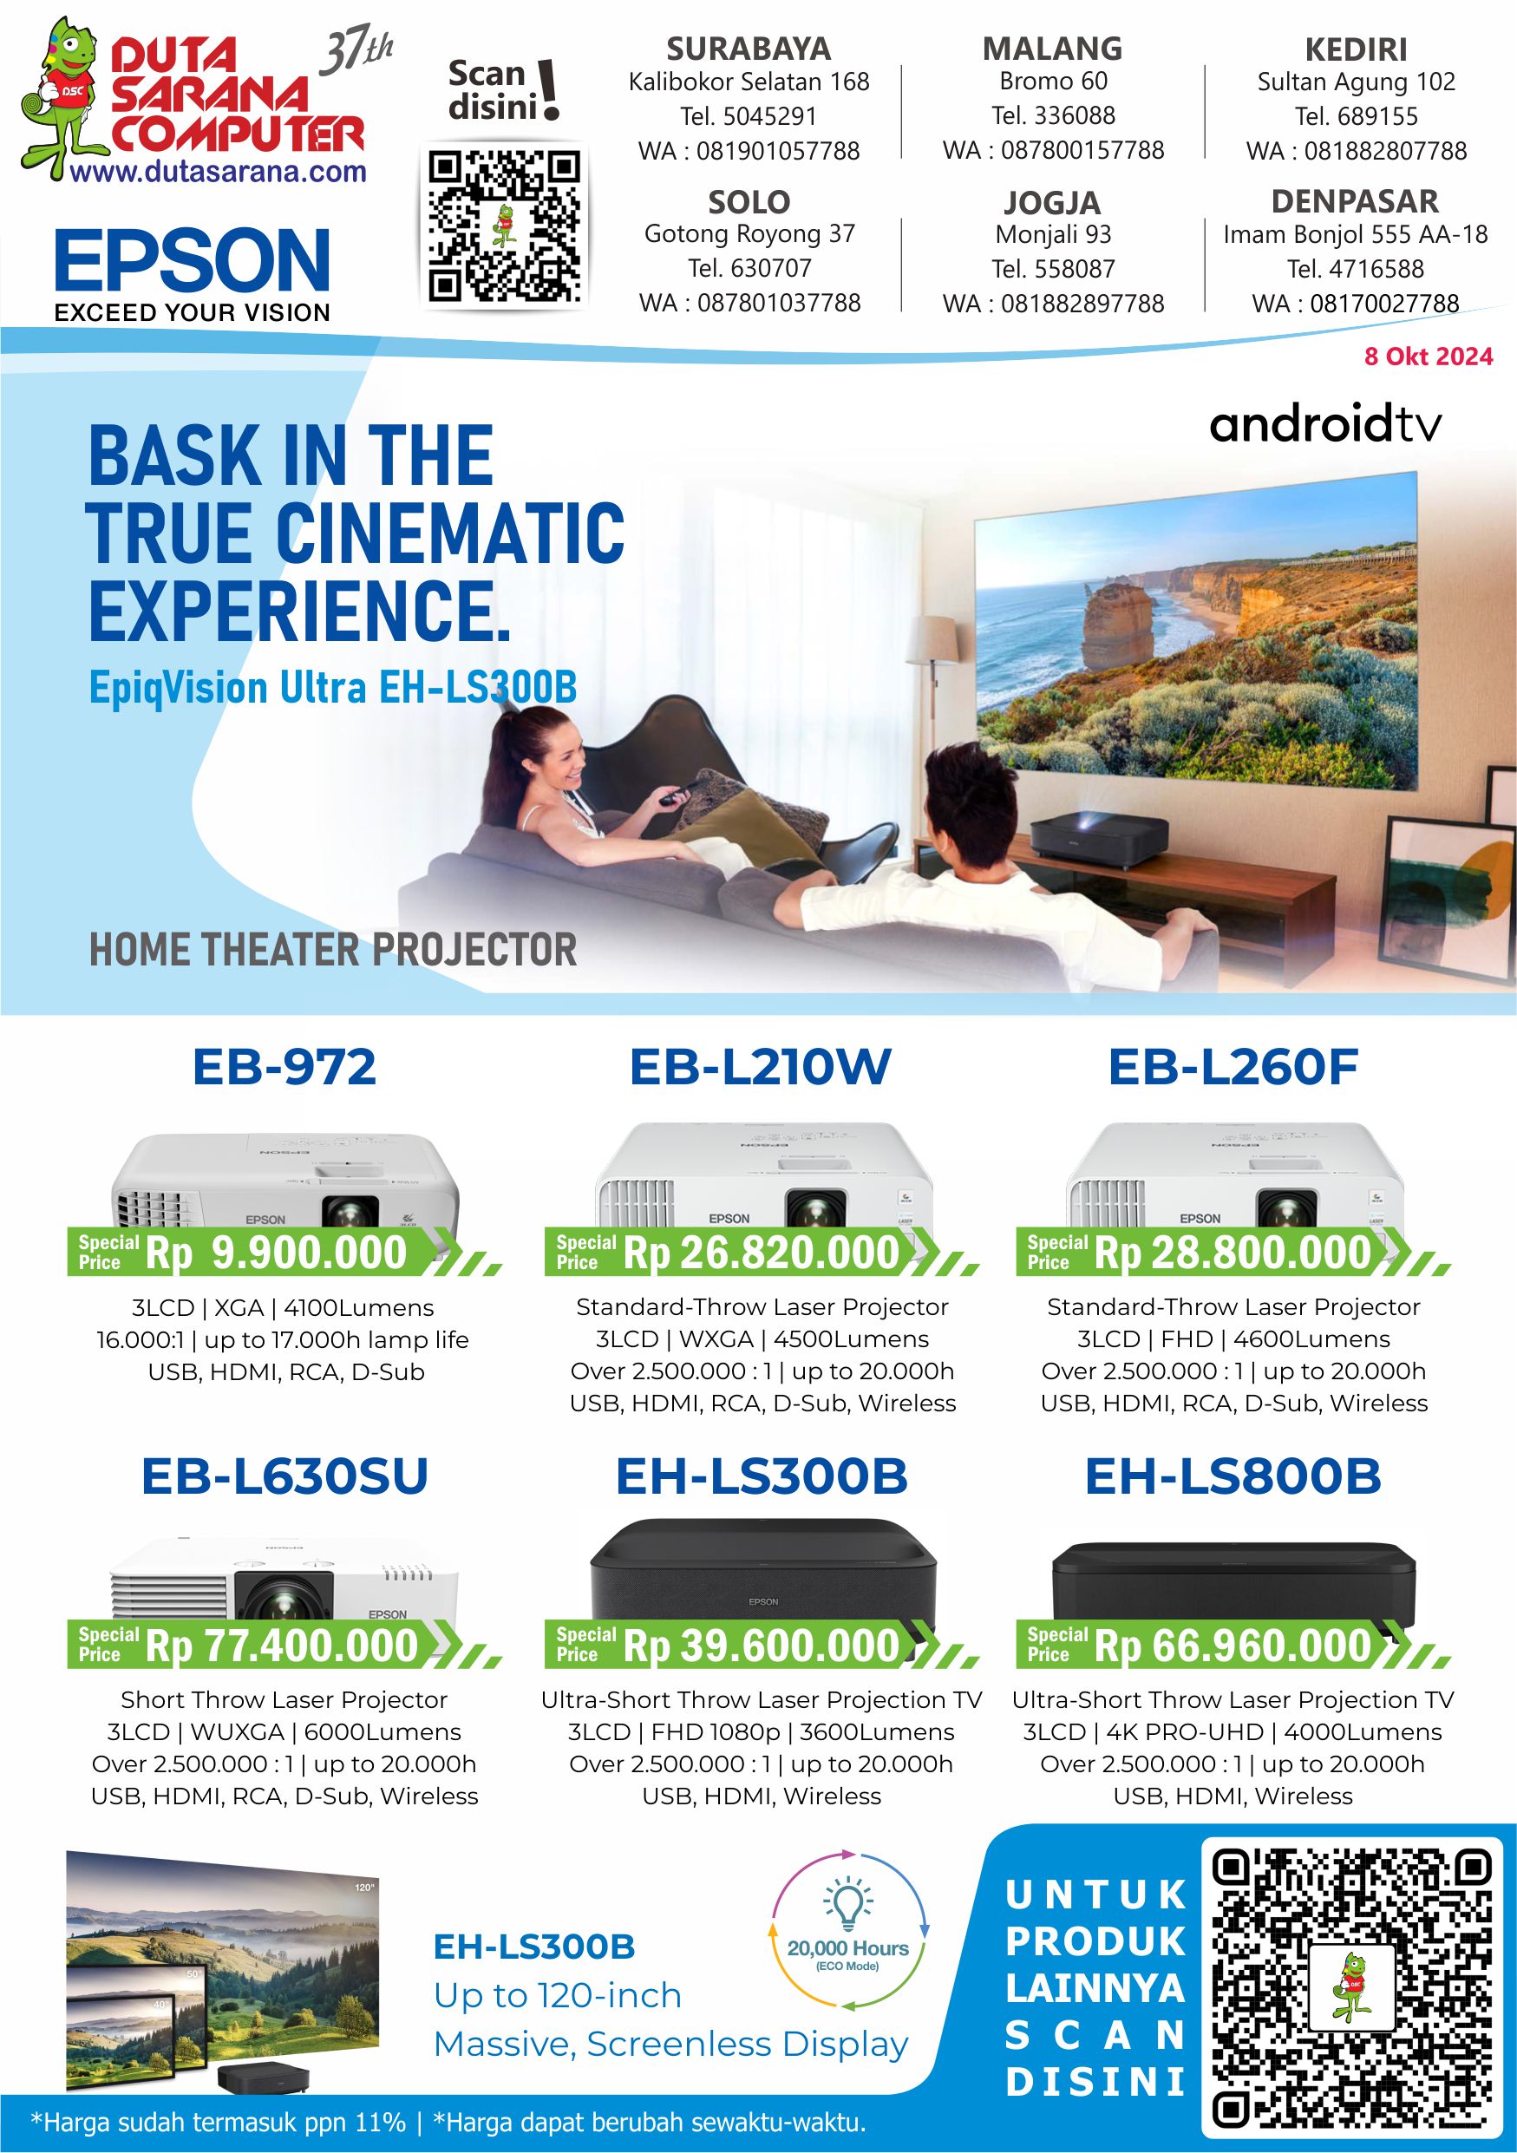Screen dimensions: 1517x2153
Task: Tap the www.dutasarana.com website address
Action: click(218, 172)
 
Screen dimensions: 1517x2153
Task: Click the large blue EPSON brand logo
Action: click(193, 261)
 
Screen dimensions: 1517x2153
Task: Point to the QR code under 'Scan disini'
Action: click(506, 227)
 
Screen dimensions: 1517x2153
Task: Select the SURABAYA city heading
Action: click(749, 49)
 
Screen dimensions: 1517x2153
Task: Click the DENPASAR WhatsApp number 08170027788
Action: click(1355, 303)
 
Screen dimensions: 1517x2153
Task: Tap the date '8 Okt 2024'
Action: click(1428, 357)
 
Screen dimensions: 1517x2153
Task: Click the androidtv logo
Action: click(1325, 425)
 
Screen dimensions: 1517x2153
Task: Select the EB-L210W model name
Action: click(760, 1067)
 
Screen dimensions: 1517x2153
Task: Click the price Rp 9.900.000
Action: click(276, 1253)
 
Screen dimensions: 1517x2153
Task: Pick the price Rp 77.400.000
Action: click(281, 1646)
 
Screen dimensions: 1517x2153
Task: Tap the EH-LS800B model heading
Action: click(1233, 1477)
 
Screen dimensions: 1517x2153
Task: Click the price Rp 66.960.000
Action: click(1233, 1646)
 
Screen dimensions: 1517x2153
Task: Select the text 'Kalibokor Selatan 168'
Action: click(749, 82)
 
